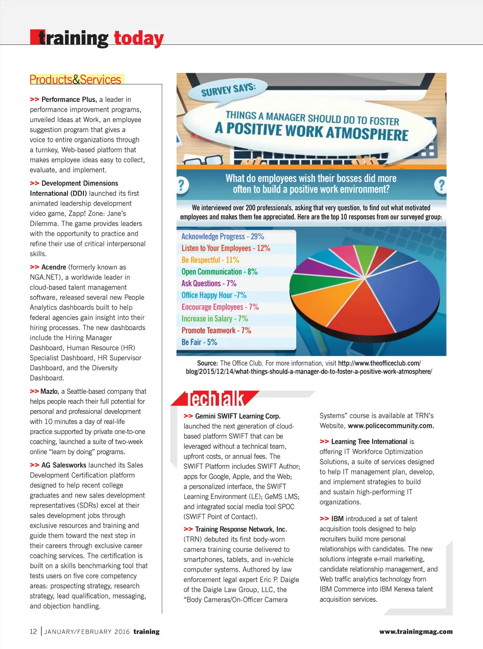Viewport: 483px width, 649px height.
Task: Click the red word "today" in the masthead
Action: point(139,38)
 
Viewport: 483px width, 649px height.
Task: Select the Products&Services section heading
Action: point(75,80)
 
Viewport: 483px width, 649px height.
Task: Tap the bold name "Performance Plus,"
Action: point(69,100)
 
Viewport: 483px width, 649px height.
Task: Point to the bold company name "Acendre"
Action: point(54,267)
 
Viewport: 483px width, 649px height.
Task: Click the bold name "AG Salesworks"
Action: point(64,465)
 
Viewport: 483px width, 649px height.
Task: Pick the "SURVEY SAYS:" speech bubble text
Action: point(228,89)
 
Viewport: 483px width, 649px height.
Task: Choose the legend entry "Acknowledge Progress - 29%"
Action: point(223,236)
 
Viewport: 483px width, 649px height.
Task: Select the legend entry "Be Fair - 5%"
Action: point(199,342)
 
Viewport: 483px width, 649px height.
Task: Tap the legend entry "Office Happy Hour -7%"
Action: point(214,295)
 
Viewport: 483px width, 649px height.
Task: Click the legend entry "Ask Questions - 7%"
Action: point(209,283)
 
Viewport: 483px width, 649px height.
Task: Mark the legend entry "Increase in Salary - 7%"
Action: point(215,319)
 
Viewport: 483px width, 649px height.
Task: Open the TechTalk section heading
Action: point(216,399)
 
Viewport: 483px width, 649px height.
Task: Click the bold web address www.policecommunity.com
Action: point(391,425)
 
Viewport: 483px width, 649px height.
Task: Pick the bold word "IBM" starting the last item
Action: point(337,518)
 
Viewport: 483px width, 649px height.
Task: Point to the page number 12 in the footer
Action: point(33,632)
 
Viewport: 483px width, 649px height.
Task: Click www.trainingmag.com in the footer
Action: point(416,632)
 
